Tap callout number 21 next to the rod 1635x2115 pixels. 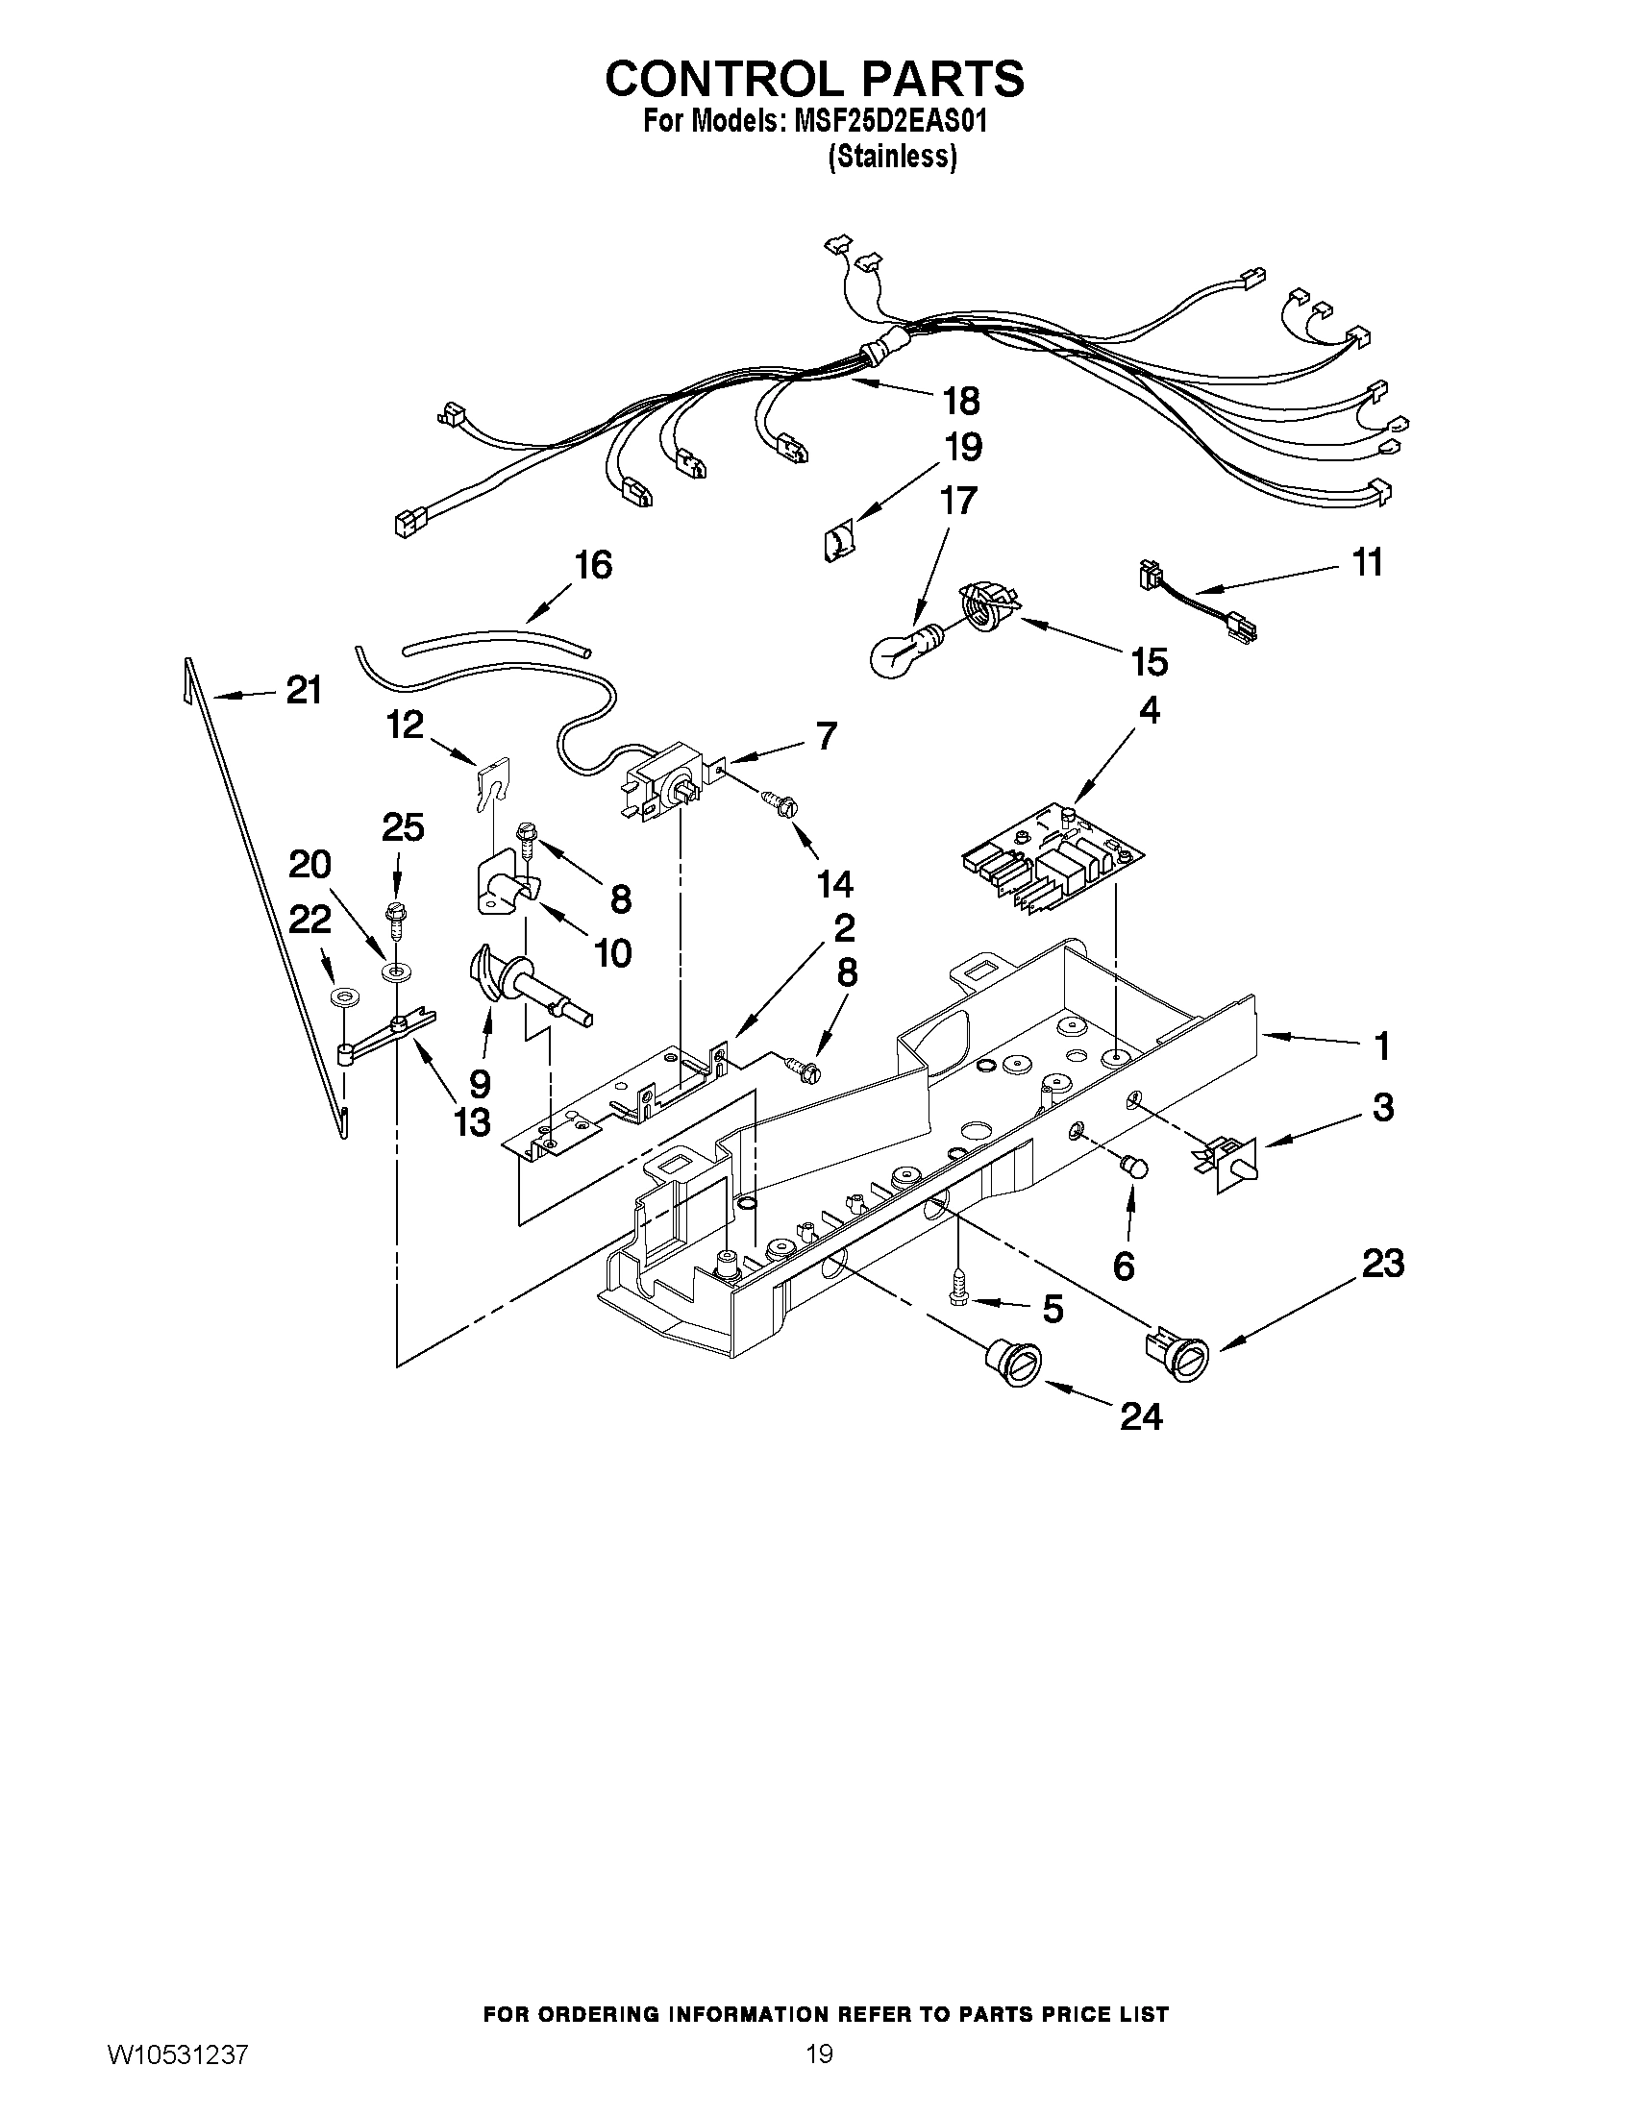pos(303,691)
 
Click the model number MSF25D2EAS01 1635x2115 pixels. pos(889,123)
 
